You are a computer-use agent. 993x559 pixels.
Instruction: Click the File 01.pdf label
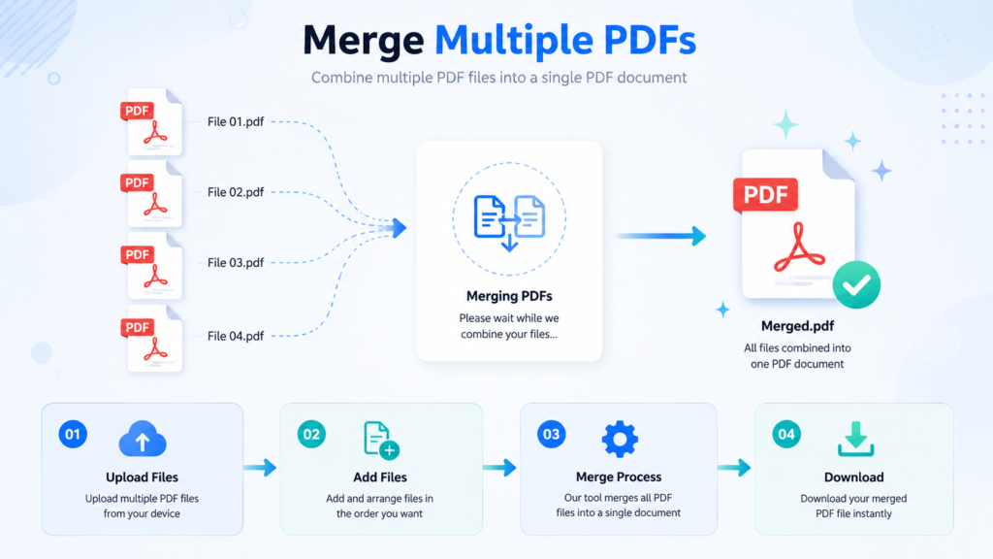point(236,121)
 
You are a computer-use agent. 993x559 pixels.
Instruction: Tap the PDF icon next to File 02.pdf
point(152,194)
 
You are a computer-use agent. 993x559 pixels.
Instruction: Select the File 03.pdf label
point(236,262)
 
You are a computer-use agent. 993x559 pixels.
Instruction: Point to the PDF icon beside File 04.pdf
point(152,339)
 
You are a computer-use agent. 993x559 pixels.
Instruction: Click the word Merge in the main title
point(364,40)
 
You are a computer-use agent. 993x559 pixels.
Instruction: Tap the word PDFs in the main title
point(650,40)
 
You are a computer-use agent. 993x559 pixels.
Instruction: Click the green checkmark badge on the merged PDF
point(856,284)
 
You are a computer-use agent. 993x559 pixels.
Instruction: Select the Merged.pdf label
point(797,326)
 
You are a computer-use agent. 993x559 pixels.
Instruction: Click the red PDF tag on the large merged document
point(765,194)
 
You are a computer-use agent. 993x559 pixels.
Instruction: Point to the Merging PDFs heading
point(509,296)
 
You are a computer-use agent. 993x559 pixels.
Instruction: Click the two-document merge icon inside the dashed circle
point(509,222)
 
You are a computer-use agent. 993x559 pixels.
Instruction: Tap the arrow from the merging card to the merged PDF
point(661,236)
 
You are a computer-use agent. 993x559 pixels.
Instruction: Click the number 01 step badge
point(73,434)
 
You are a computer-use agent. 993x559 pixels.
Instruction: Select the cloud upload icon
point(143,439)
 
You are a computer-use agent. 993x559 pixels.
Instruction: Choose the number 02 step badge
point(311,434)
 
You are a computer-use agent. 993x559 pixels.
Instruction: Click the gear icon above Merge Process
point(620,439)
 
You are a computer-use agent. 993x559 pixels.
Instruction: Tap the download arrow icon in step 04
point(855,439)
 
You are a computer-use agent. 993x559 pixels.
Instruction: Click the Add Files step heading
point(380,477)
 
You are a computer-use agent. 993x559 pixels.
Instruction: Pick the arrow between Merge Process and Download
point(735,468)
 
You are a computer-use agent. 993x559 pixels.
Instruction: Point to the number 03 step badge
point(551,434)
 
